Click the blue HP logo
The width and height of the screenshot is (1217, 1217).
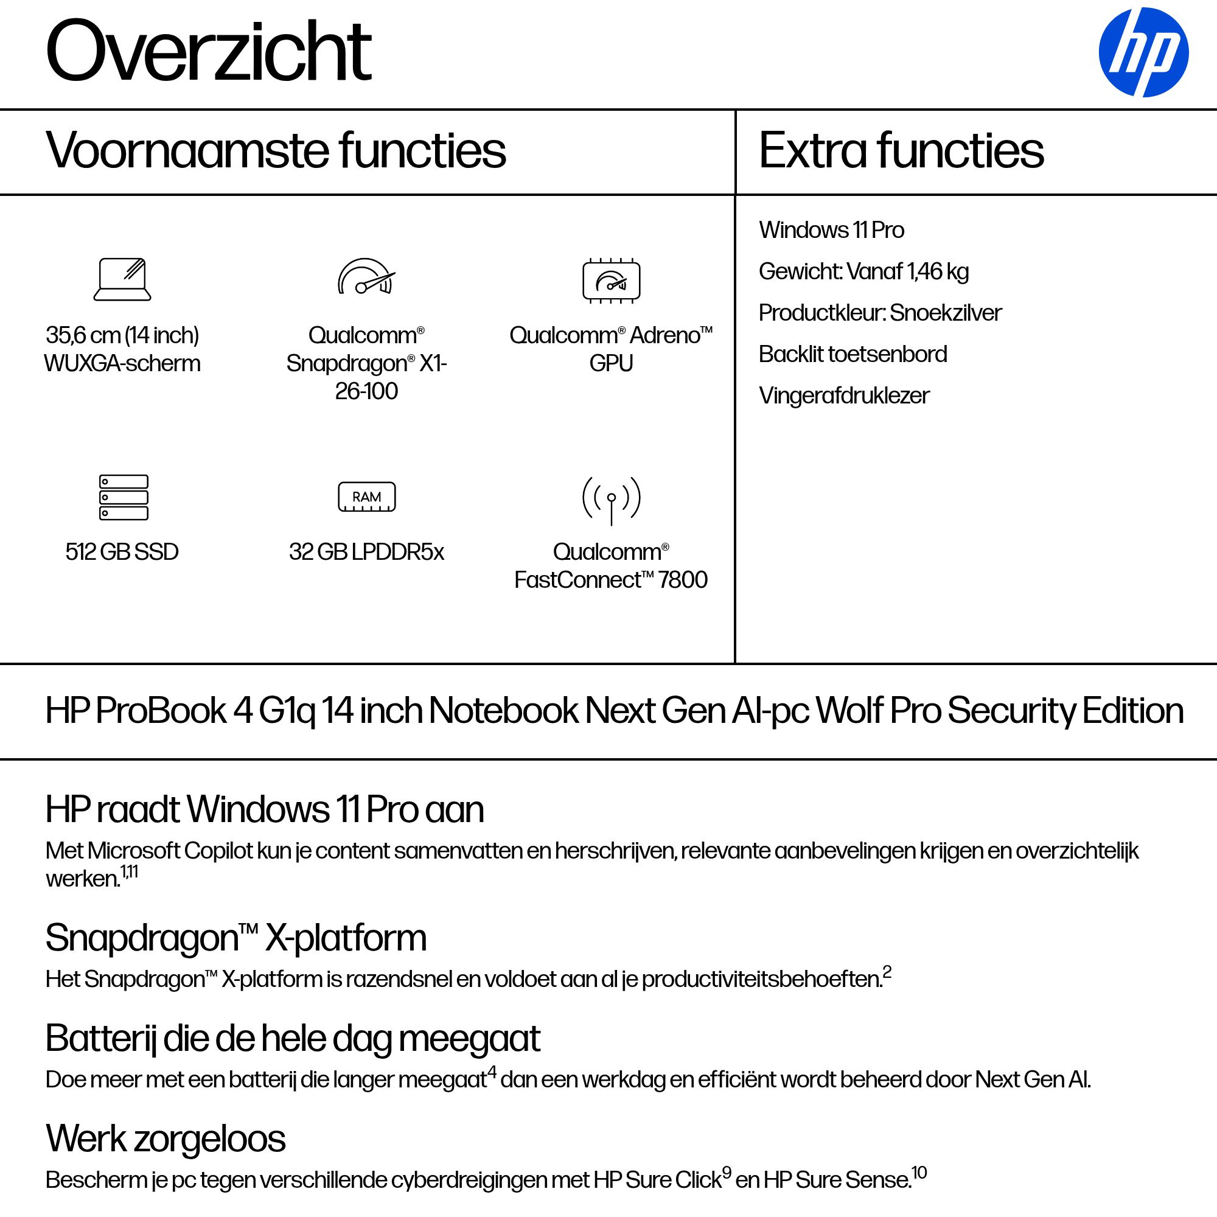[x=1143, y=52]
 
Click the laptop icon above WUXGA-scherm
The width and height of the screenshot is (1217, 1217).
[x=122, y=279]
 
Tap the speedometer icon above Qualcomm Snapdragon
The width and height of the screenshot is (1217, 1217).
[x=366, y=277]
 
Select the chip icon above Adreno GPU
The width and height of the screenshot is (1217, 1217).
[x=611, y=281]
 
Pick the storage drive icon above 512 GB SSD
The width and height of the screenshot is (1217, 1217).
[x=124, y=497]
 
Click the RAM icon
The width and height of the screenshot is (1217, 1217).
[x=366, y=497]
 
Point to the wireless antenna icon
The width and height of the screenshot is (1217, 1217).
[x=611, y=500]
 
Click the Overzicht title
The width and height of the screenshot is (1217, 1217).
[x=209, y=51]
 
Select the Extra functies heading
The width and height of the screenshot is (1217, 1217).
[x=901, y=150]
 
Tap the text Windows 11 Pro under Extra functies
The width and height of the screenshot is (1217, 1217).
[x=831, y=230]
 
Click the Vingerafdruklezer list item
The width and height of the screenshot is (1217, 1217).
[x=843, y=396]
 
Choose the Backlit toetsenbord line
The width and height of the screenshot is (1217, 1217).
[x=853, y=354]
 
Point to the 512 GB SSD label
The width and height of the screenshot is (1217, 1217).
[x=122, y=552]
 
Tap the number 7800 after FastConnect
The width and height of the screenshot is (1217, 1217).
[x=682, y=579]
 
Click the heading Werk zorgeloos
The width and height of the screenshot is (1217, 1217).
[x=166, y=1139]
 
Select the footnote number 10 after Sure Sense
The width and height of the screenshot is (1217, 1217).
[x=919, y=1173]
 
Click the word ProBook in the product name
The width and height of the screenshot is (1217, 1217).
[x=161, y=711]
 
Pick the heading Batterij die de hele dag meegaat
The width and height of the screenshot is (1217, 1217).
[x=293, y=1038]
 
